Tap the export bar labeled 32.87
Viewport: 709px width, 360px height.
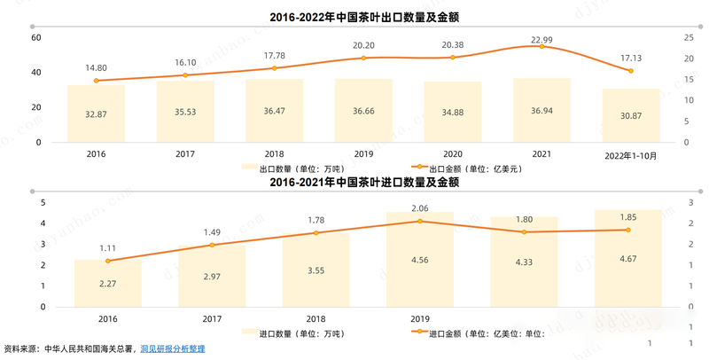97,113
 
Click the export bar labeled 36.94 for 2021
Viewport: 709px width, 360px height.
541,110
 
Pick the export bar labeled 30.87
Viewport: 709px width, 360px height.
630,115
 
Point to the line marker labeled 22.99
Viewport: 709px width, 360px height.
541,46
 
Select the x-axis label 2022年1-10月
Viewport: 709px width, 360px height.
630,154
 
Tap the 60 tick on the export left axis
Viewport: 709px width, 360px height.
36,37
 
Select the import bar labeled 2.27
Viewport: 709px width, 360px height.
108,284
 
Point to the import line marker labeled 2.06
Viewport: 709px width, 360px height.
420,221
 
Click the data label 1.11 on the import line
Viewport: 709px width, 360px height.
108,249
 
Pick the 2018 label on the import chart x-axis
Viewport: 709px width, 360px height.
316,318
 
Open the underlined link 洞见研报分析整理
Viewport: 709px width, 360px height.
173,349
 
